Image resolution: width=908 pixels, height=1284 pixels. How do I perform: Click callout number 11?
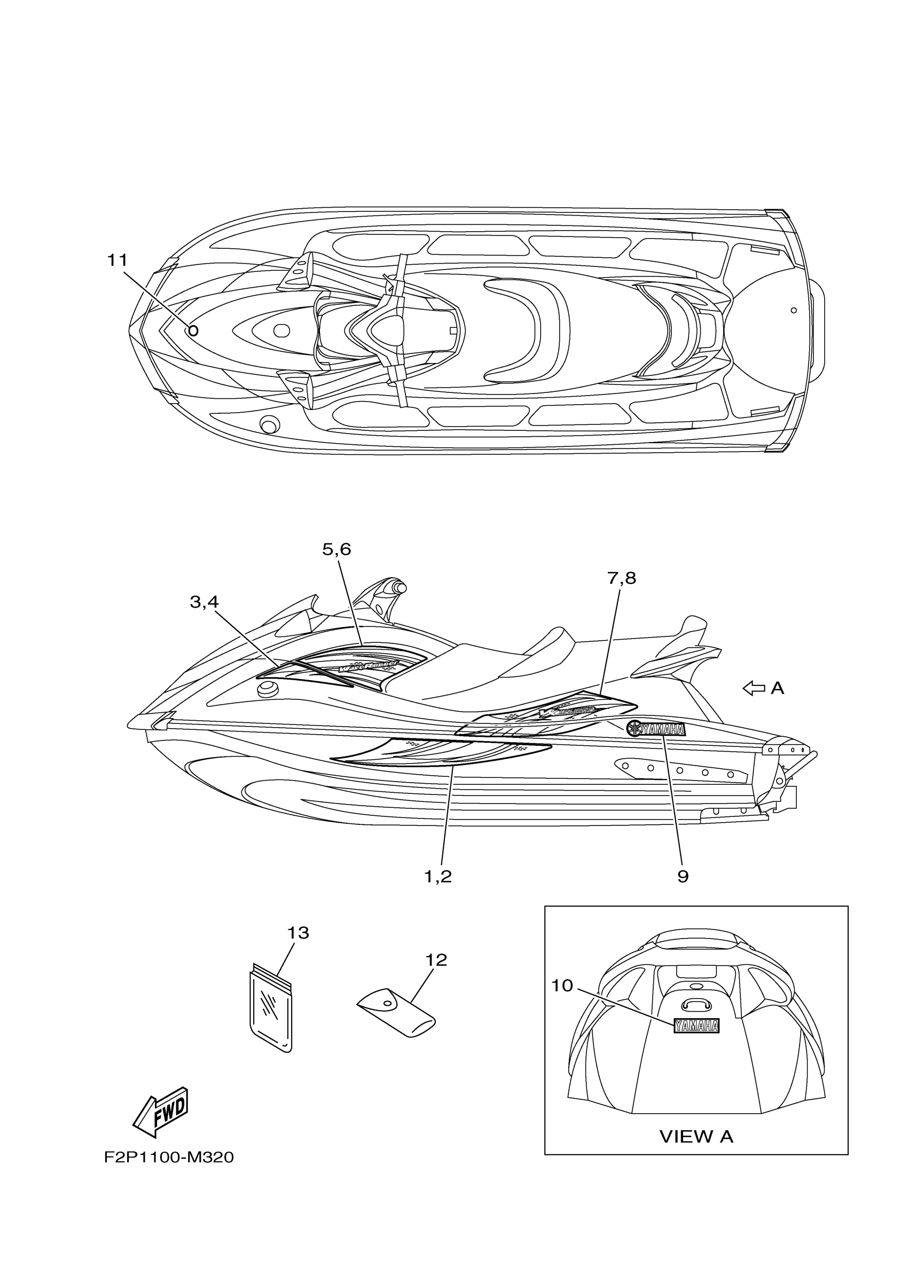point(118,261)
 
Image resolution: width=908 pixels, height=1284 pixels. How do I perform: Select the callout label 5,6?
point(336,550)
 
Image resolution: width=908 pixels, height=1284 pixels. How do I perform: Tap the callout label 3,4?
point(204,602)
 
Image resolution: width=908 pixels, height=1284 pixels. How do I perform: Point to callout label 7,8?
point(622,578)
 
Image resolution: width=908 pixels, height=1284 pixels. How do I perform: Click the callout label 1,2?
point(437,877)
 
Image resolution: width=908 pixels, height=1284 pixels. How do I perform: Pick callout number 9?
point(683,877)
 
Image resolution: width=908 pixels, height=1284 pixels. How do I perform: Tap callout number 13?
point(298,933)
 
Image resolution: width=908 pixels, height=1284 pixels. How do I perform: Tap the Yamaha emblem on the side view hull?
point(656,729)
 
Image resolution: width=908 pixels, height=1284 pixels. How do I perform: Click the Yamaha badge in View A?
point(696,1026)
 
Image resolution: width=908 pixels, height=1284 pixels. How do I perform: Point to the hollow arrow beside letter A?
point(754,688)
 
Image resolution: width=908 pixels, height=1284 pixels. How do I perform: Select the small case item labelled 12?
point(396,1012)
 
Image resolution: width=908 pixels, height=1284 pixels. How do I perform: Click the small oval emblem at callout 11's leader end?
point(193,330)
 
